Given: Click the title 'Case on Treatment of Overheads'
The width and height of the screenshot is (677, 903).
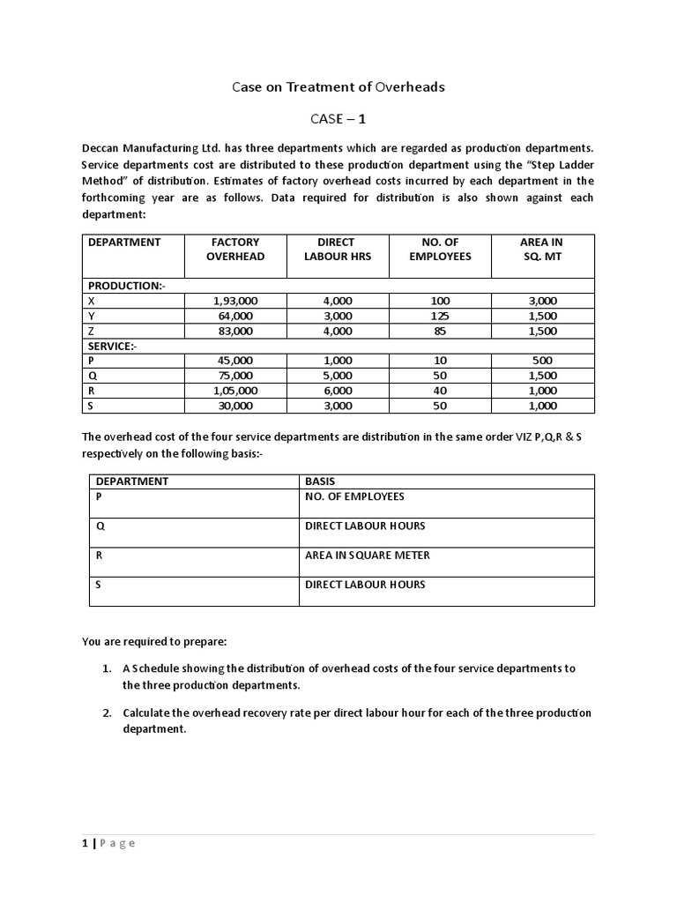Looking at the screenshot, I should click(338, 86).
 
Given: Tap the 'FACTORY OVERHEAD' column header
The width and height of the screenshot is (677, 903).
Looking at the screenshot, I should click(235, 249).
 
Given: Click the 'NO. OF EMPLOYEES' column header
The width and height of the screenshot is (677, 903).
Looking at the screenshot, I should click(440, 249).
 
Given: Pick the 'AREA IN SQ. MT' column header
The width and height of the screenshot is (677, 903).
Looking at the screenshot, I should click(541, 249).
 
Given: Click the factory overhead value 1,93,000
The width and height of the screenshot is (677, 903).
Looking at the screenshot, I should click(235, 301).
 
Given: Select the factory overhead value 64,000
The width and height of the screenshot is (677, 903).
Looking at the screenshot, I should click(235, 316).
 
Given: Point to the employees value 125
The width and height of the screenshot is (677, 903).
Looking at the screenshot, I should click(440, 316).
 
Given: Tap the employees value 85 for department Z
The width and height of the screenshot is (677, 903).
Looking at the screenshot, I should click(440, 331).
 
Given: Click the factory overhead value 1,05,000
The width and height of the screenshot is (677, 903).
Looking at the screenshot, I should click(235, 391).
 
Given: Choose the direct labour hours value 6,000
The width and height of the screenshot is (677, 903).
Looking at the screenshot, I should click(338, 391).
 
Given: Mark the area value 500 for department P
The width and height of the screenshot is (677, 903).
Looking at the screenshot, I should click(541, 361).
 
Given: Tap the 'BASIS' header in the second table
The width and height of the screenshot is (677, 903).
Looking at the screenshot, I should click(320, 481).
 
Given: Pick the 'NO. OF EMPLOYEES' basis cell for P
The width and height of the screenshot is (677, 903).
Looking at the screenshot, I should click(354, 496).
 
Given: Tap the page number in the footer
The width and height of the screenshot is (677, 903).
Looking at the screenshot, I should click(86, 843).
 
